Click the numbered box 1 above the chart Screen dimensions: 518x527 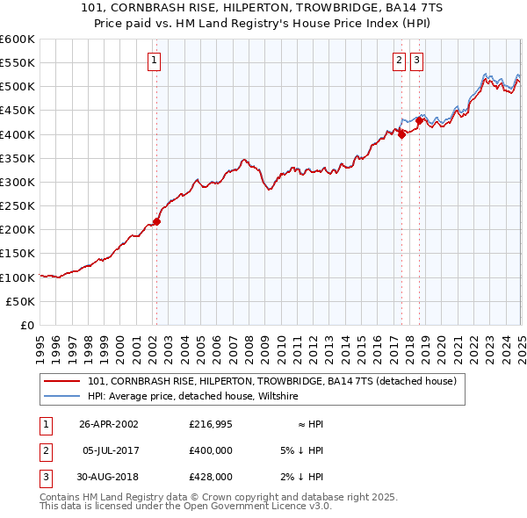(154, 61)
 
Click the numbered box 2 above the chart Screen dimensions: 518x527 (399, 61)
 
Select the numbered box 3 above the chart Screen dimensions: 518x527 (416, 61)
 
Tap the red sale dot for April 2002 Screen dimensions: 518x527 (157, 221)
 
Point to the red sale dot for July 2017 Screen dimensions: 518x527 (401, 134)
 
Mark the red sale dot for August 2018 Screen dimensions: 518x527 (420, 121)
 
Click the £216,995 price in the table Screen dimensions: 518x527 (211, 424)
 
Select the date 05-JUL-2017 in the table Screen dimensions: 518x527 (109, 450)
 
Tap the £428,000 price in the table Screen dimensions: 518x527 (211, 477)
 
